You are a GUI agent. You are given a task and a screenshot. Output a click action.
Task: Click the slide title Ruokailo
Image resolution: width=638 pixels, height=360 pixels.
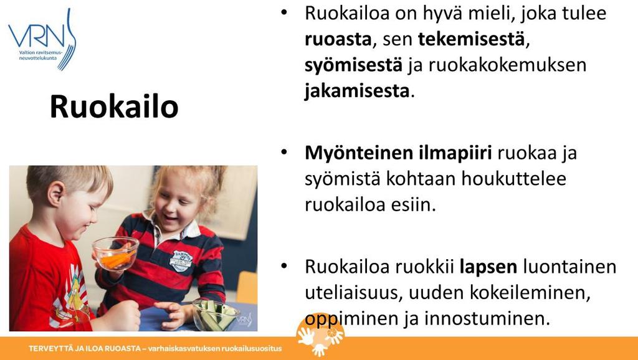pyautogui.click(x=114, y=107)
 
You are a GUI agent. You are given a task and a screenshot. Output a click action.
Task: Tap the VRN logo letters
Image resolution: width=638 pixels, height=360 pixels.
pyautogui.click(x=37, y=36)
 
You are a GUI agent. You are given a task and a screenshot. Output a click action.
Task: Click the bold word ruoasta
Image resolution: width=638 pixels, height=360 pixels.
pyautogui.click(x=338, y=39)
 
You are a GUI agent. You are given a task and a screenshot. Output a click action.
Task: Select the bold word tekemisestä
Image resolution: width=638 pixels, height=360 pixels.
pyautogui.click(x=471, y=39)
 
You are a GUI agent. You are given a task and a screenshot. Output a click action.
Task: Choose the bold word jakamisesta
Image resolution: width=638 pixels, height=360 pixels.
pyautogui.click(x=357, y=91)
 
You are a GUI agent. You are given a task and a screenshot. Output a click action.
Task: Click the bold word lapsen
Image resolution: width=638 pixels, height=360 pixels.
pyautogui.click(x=488, y=268)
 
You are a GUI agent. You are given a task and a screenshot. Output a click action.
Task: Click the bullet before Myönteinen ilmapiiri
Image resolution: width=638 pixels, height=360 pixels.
pyautogui.click(x=284, y=153)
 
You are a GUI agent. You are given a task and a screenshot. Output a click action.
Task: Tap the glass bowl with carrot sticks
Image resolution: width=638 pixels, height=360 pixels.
pyautogui.click(x=115, y=253)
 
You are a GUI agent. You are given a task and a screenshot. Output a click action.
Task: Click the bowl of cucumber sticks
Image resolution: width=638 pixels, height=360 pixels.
pyautogui.click(x=215, y=315)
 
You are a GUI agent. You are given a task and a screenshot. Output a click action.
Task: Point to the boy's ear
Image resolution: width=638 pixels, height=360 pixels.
pyautogui.click(x=56, y=194)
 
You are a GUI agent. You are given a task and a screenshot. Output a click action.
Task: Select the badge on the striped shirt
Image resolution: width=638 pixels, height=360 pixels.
pyautogui.click(x=181, y=260)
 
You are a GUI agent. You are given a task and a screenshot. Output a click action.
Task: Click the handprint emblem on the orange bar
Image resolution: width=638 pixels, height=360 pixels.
pyautogui.click(x=320, y=334)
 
